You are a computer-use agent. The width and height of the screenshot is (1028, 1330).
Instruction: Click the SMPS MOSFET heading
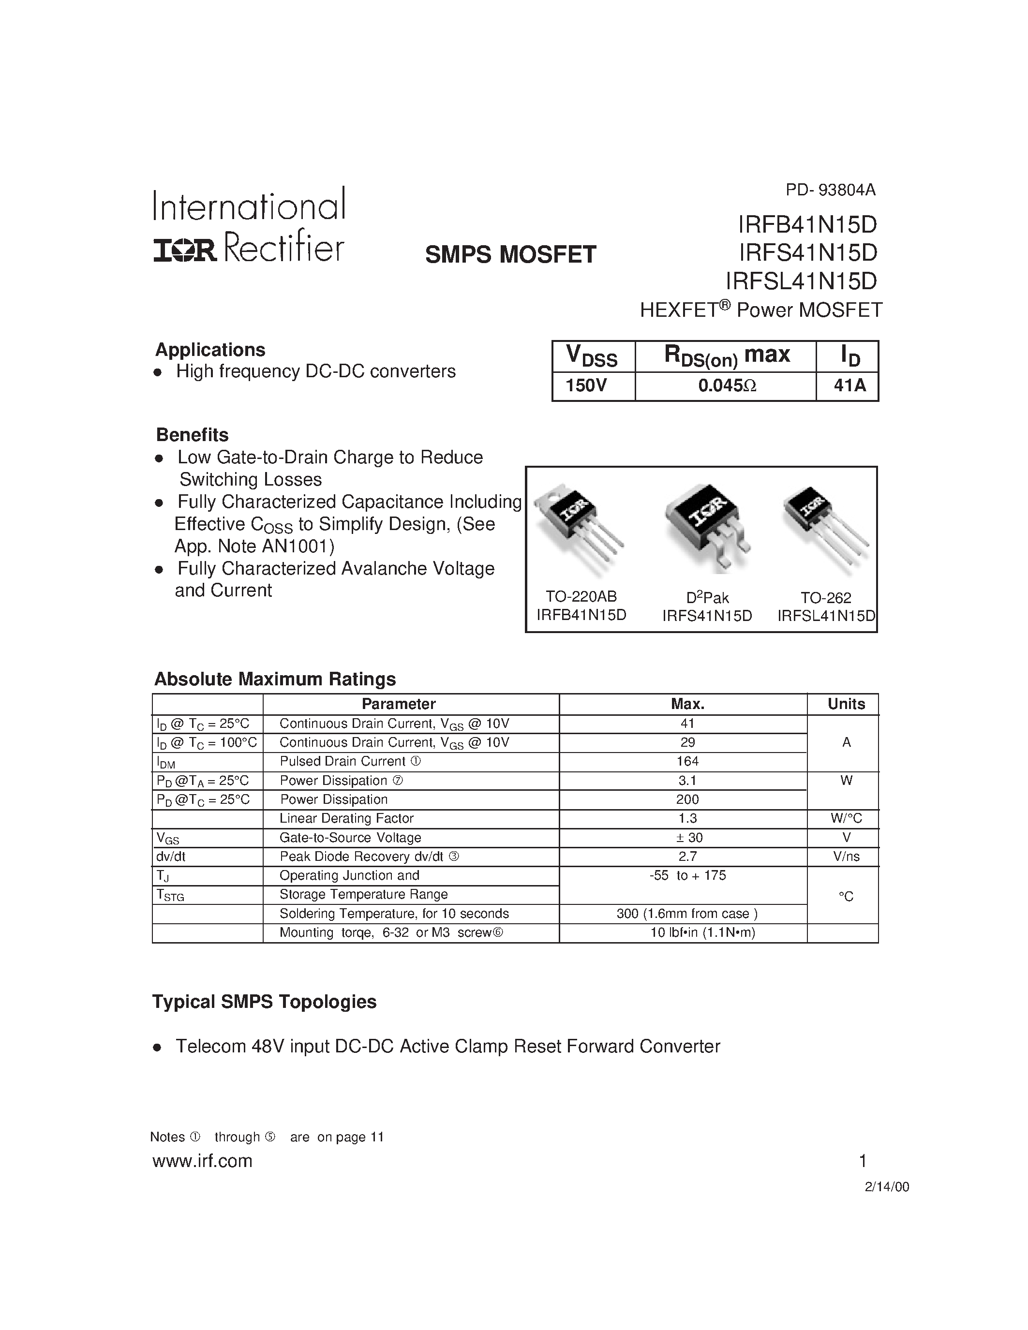[510, 254]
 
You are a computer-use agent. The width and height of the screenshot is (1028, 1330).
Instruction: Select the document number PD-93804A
[830, 190]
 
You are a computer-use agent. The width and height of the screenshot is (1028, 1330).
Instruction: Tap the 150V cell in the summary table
[586, 385]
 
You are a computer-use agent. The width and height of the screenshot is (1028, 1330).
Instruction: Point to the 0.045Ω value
[727, 385]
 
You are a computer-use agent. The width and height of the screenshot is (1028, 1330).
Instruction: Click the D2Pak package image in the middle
[708, 527]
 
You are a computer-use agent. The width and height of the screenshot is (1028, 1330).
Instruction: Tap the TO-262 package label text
[826, 597]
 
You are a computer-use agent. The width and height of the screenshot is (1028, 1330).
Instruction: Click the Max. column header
[687, 704]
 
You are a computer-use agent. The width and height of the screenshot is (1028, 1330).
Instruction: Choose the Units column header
[846, 704]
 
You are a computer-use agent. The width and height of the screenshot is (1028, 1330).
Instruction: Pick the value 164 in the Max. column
[687, 761]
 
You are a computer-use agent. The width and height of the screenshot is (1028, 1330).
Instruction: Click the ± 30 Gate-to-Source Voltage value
[687, 837]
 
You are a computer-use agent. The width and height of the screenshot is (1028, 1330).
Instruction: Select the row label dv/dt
[171, 856]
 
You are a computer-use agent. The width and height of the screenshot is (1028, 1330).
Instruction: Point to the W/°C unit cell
[846, 818]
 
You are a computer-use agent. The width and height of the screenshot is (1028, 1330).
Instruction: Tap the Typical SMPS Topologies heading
[264, 1002]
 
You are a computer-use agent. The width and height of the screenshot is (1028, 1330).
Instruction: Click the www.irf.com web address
[202, 1161]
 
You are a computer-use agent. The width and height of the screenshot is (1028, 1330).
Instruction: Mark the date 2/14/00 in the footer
[887, 1187]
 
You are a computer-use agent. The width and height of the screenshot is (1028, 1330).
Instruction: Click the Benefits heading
[193, 435]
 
